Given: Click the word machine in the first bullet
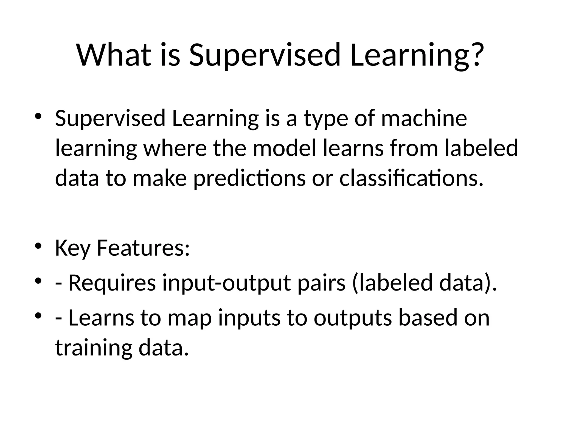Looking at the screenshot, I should [x=424, y=118].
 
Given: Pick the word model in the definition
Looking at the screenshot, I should [x=284, y=148].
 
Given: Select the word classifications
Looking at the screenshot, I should [x=411, y=178].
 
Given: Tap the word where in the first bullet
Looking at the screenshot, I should [x=175, y=148].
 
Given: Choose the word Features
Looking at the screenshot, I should [x=143, y=248].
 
